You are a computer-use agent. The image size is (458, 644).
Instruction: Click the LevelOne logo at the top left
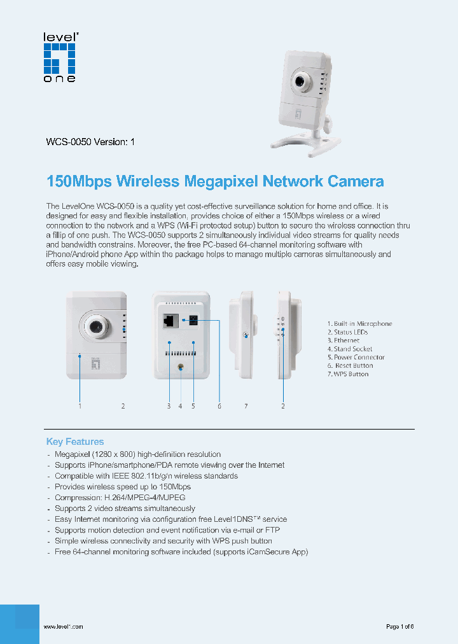pos(59,57)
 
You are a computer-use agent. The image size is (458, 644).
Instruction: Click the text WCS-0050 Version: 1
pos(90,143)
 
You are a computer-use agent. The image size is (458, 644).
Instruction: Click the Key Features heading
pos(75,442)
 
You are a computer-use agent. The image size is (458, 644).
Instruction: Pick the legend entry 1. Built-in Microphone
pos(359,324)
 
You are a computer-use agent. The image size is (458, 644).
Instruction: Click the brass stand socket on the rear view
pos(181,367)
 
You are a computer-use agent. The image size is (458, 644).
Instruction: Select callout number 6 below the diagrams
pos(219,406)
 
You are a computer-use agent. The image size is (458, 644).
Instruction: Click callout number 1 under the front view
pos(80,406)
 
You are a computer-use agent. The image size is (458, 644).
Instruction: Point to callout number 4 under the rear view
pos(180,406)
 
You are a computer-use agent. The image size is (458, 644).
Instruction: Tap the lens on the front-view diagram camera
pos(97,326)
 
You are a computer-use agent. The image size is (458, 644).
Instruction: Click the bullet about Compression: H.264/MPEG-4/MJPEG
pos(120,498)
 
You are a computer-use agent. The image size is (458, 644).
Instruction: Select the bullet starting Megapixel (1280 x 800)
pos(137,454)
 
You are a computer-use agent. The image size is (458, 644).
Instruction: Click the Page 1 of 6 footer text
pos(399,627)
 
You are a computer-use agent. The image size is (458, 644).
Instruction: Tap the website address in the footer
pos(63,627)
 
